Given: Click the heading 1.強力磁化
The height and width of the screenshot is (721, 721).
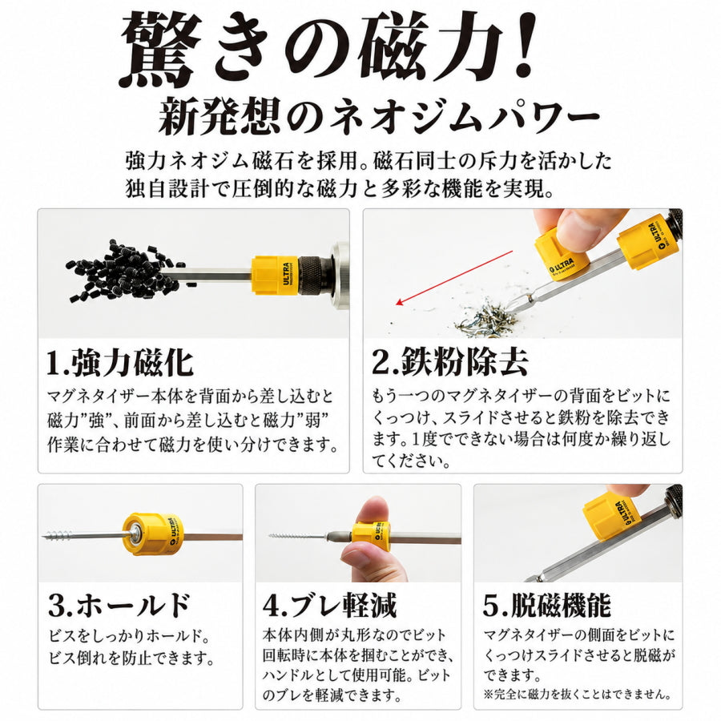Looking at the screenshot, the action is (x=120, y=363).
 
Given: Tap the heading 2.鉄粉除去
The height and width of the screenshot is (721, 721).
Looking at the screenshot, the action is (x=449, y=361).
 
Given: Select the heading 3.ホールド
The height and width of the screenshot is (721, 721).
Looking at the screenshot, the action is (x=119, y=605).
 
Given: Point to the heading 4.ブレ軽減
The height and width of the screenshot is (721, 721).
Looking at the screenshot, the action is (x=329, y=605).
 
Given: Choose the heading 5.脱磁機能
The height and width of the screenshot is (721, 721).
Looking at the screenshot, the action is (x=546, y=605).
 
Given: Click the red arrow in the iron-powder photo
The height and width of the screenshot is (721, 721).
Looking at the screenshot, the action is (x=454, y=278).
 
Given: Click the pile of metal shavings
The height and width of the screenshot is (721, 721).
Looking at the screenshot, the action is (x=485, y=319).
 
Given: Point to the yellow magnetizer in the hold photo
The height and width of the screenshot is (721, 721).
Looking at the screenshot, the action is (x=153, y=535).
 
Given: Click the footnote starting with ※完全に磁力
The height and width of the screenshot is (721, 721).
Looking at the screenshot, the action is (x=578, y=694).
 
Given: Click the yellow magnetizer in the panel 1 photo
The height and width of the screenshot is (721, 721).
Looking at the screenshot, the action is (x=275, y=276).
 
